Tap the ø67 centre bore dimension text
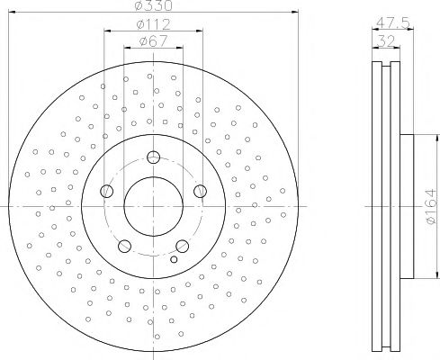(152, 40)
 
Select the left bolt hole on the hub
(107, 191)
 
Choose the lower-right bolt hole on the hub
(183, 245)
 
